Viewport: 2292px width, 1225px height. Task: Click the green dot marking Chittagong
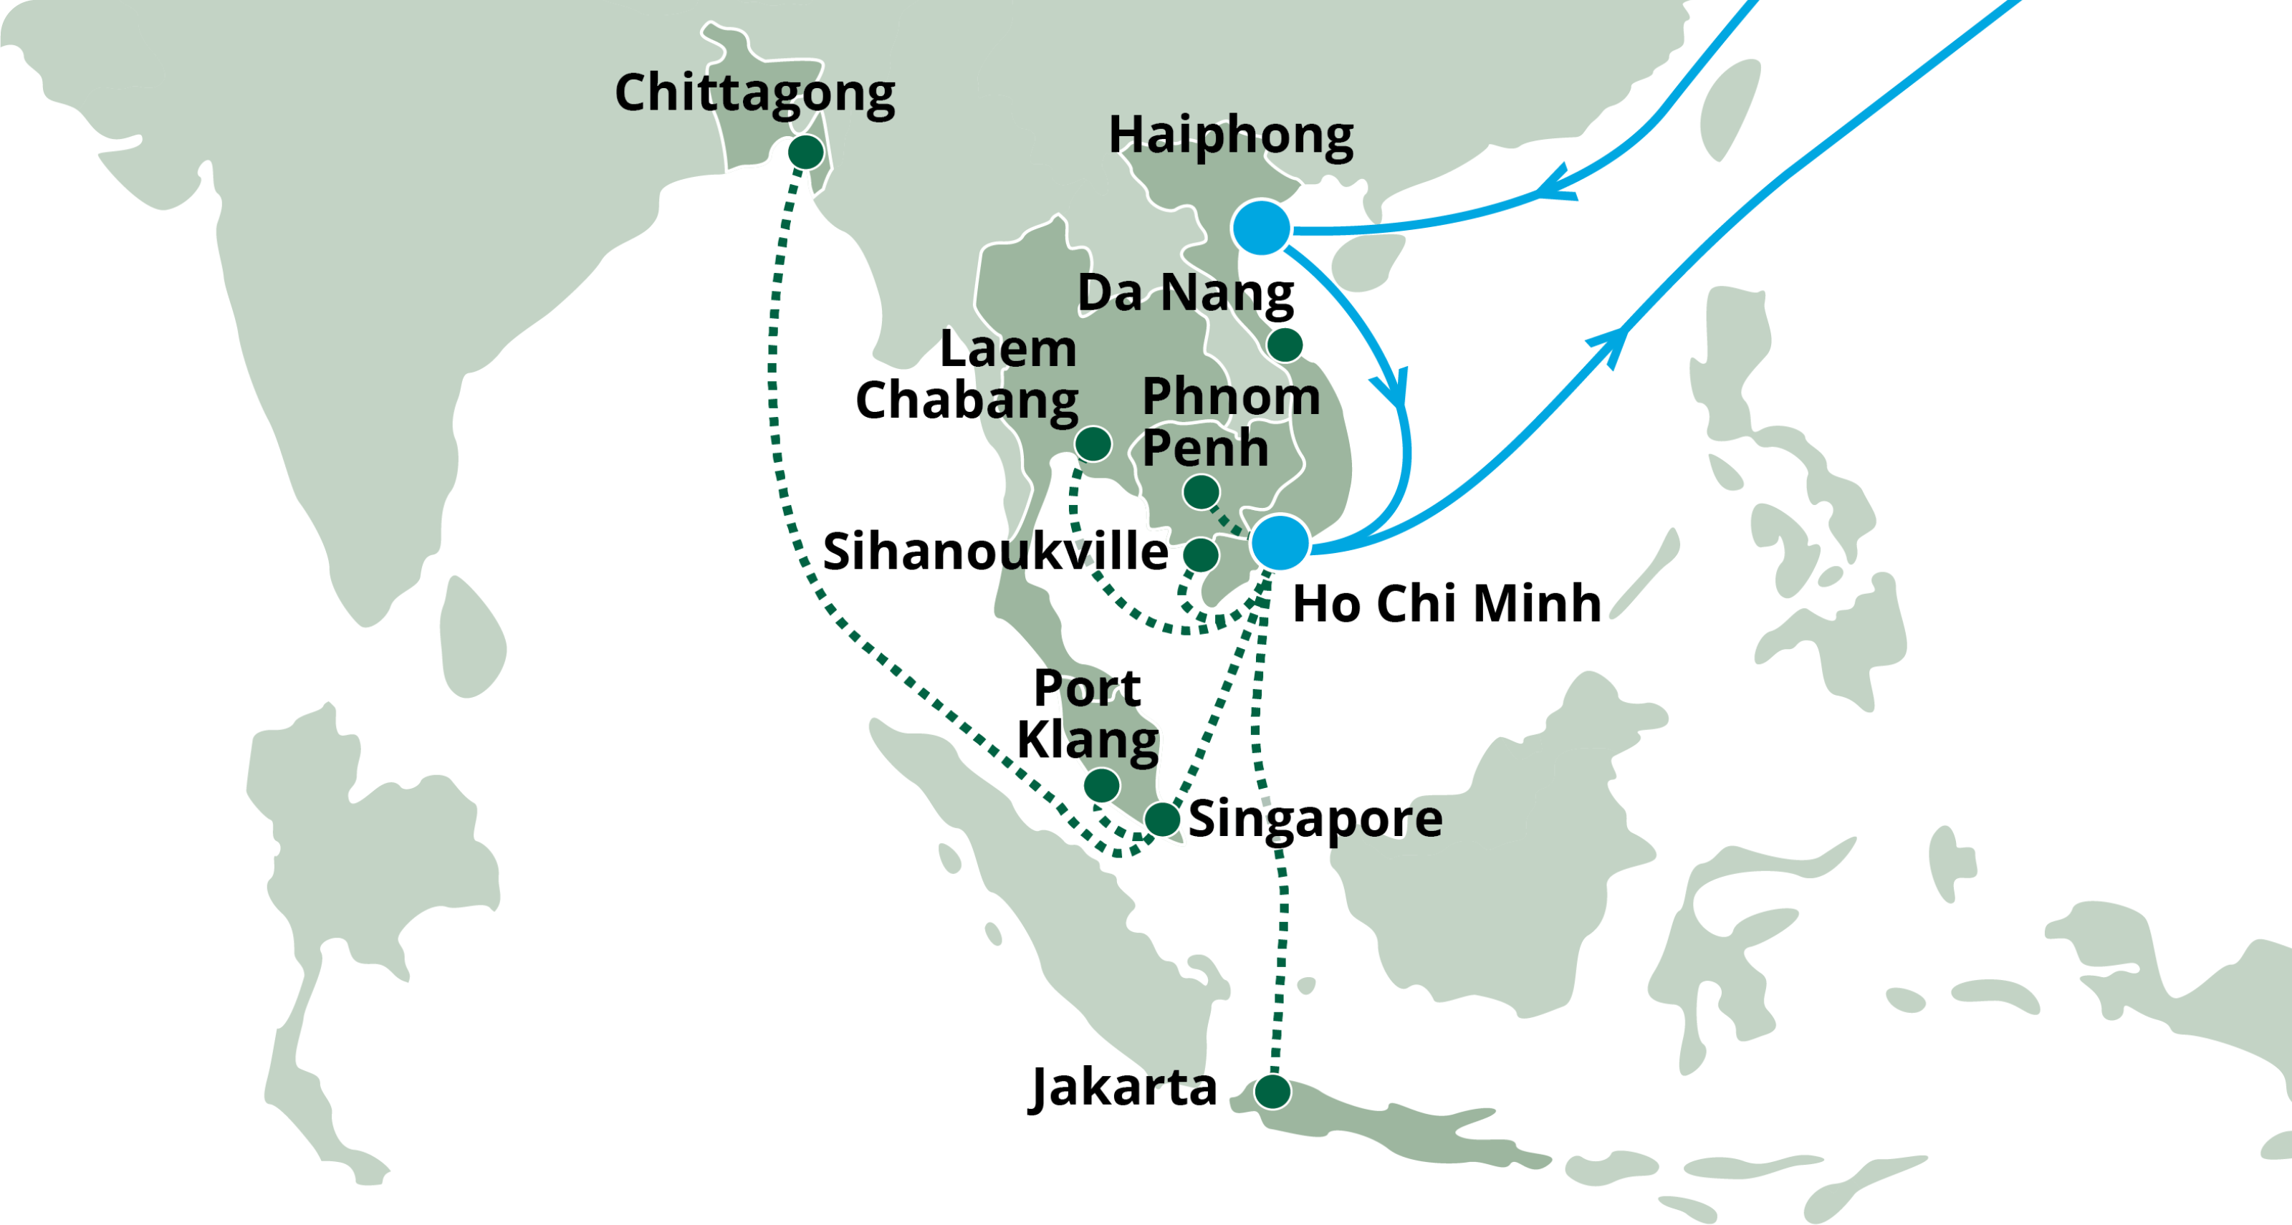click(805, 152)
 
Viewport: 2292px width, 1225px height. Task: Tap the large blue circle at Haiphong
click(1261, 228)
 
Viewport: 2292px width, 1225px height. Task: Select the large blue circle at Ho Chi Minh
click(1280, 542)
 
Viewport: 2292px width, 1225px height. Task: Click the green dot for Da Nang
click(1285, 345)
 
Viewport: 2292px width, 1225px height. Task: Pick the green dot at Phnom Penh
click(1200, 491)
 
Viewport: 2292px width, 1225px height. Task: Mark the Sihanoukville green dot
click(1200, 554)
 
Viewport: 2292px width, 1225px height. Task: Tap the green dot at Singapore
click(1162, 818)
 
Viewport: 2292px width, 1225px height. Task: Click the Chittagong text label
click(754, 93)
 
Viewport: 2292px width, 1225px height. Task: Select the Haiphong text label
click(1230, 135)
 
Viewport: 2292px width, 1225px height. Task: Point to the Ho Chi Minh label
click(1447, 603)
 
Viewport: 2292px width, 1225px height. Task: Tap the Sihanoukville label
click(994, 552)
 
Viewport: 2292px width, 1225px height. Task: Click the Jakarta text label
click(1123, 1087)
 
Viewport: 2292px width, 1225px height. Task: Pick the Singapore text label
click(1315, 818)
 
